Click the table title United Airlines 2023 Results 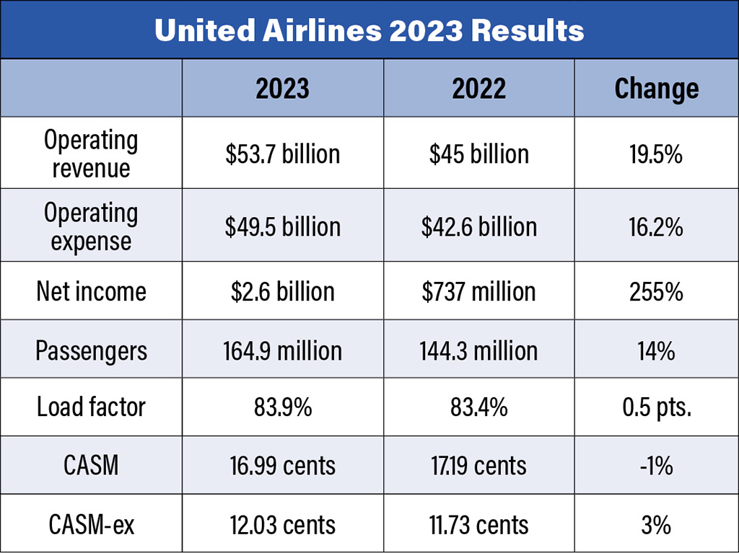[369, 30]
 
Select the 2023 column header [282, 88]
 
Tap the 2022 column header [479, 88]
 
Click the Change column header [656, 88]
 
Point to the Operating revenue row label [91, 154]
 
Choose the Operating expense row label [91, 226]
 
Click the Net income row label [91, 291]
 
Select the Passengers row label [91, 351]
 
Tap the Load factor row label [91, 407]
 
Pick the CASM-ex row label [91, 524]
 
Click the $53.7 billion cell [282, 154]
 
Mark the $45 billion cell [479, 154]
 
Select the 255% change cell [656, 291]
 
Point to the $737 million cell [479, 291]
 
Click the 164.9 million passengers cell [282, 351]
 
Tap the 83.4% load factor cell [479, 407]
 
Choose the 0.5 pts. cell [656, 407]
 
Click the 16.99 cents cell [282, 466]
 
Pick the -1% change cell [656, 466]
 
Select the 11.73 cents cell [479, 524]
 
